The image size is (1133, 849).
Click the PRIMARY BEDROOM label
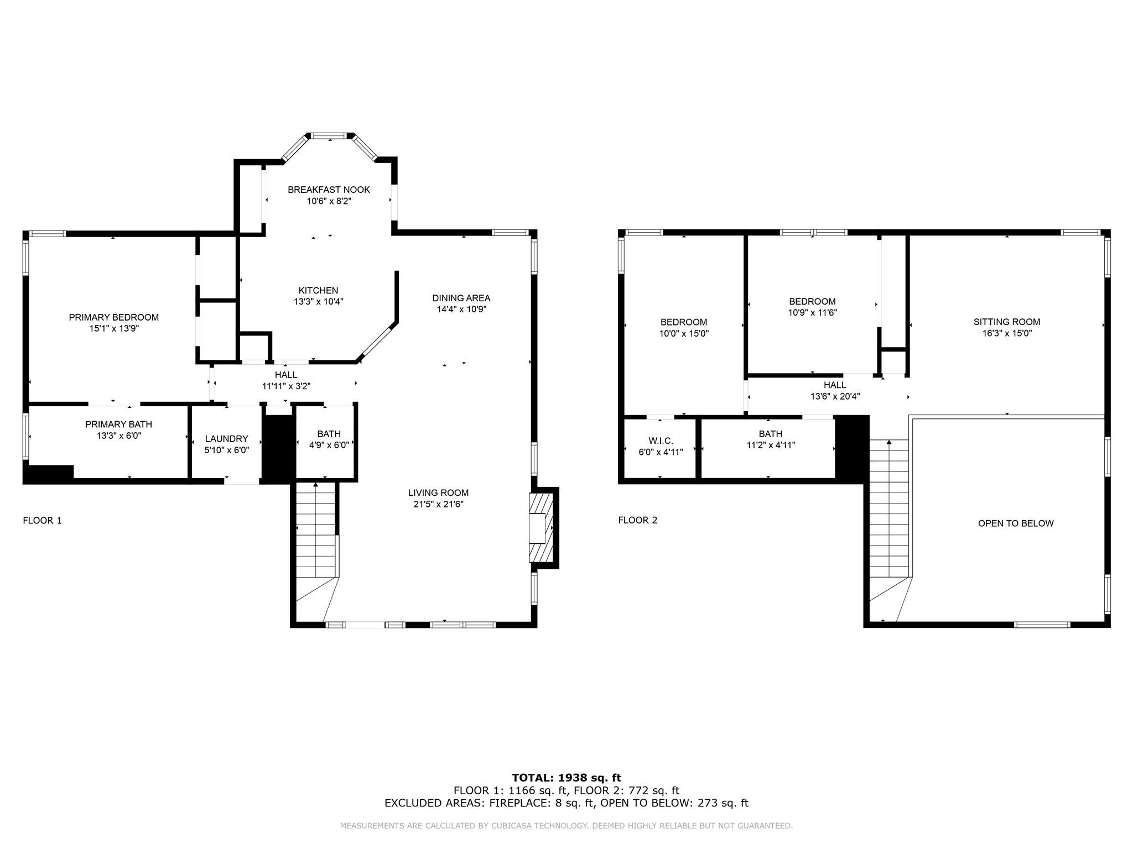[113, 317]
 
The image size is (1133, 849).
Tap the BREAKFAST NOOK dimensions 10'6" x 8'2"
[329, 201]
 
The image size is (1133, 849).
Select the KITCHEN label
[318, 290]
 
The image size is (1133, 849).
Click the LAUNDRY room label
[226, 439]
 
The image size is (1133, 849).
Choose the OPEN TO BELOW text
[1016, 523]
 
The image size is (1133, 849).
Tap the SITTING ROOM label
[1007, 322]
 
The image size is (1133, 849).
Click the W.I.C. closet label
[661, 441]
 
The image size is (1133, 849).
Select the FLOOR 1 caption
[42, 520]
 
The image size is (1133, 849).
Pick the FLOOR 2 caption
[638, 520]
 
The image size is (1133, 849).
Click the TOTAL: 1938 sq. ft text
[566, 778]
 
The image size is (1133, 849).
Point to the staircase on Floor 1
[315, 531]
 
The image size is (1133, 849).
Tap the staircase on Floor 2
[889, 509]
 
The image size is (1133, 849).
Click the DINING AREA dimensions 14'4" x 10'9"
[461, 310]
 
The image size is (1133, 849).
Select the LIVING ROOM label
[438, 492]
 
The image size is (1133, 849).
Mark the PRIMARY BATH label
[118, 424]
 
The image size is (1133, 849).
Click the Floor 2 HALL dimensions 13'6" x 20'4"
[835, 396]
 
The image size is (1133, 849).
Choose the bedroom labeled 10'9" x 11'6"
[812, 302]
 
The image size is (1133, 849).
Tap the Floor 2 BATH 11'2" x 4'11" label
[771, 434]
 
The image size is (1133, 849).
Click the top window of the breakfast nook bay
[330, 135]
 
